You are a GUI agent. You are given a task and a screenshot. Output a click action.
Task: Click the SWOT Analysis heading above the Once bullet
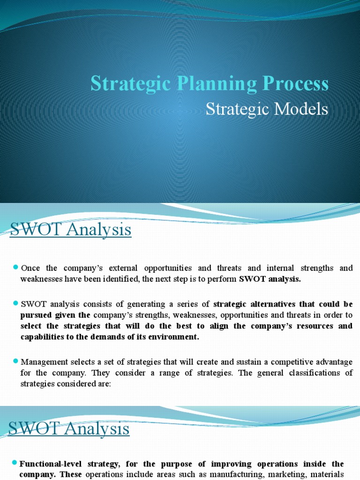[70, 231]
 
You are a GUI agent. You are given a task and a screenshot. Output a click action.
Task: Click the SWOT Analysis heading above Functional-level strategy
[69, 428]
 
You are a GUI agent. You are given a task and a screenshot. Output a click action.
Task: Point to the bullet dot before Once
[15, 267]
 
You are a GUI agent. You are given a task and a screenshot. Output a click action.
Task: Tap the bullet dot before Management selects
[15, 361]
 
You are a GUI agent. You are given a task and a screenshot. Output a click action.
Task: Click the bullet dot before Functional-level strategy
[15, 464]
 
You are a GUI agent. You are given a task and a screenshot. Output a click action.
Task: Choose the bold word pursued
[36, 315]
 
